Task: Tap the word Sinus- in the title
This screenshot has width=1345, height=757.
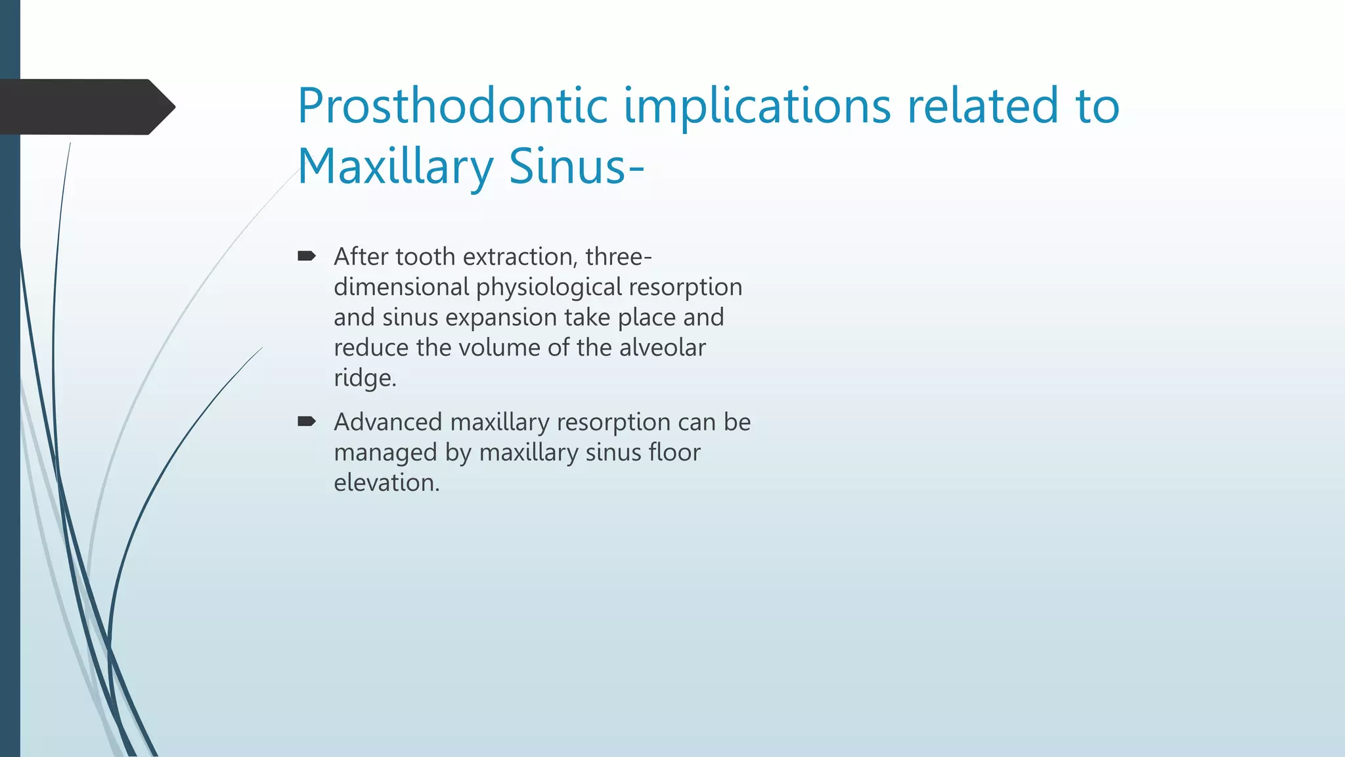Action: coord(576,166)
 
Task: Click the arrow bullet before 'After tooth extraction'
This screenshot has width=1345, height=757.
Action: coord(307,256)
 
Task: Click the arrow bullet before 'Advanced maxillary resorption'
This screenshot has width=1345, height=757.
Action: coord(307,421)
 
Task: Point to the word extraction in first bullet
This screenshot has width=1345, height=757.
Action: coord(520,256)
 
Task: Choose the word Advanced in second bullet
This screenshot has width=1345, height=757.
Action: coord(388,422)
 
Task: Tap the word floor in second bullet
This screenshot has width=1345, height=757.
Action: coord(674,452)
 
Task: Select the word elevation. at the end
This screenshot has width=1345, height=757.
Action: coord(386,483)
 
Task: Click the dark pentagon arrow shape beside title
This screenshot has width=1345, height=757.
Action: coord(85,106)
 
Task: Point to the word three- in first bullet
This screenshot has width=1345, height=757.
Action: coord(618,256)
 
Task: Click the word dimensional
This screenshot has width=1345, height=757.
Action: coord(401,287)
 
